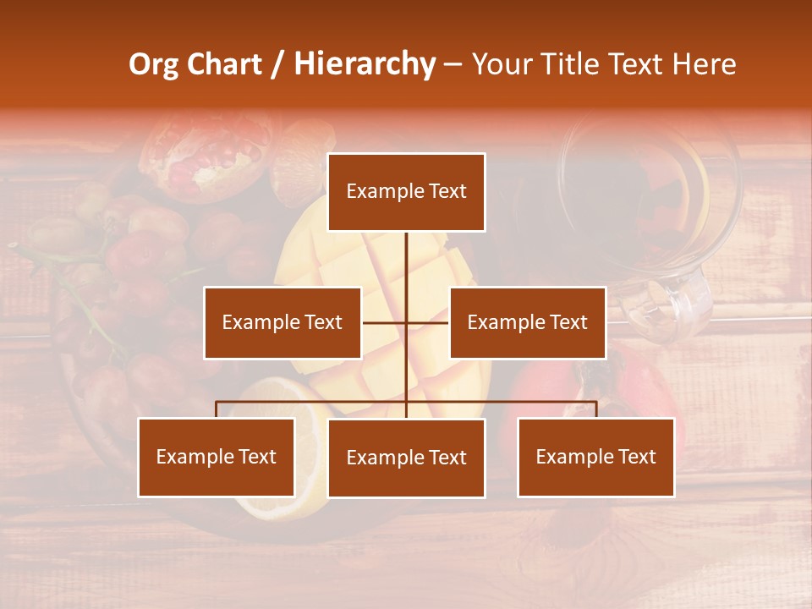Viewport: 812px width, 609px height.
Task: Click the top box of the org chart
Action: (406, 192)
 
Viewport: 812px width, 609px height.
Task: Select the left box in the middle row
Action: (283, 322)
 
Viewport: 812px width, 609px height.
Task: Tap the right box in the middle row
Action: (527, 322)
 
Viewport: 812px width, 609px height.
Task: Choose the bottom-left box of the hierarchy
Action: (217, 457)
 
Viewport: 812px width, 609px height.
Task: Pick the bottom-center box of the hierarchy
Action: (406, 458)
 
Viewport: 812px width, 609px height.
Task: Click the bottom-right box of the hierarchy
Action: (595, 457)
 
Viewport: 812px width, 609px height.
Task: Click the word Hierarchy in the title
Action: (365, 64)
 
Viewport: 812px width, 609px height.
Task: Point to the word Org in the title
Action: (154, 64)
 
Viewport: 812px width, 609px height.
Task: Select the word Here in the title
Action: (705, 64)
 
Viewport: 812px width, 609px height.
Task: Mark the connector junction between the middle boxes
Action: (406, 322)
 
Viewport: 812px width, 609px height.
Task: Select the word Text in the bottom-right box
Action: (637, 457)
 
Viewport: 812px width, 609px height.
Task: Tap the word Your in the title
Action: (503, 64)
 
